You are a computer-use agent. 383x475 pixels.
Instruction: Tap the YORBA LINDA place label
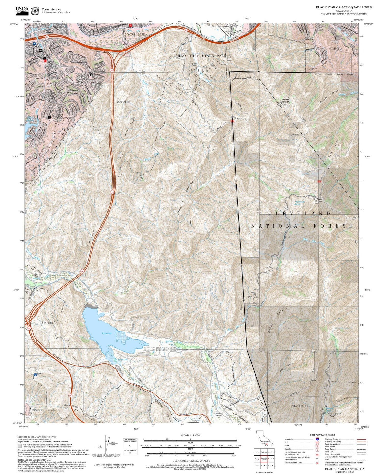(137, 34)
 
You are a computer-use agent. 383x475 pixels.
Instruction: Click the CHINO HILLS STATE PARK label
(200, 56)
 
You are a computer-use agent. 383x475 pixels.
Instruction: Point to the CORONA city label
(336, 48)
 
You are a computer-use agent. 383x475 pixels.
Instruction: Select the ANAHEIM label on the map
(123, 102)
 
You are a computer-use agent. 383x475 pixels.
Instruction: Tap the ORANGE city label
(46, 323)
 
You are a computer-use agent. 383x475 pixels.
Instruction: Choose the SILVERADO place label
(299, 406)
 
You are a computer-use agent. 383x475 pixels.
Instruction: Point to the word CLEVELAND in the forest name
(299, 213)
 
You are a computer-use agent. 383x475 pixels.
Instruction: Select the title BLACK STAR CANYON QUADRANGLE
(344, 7)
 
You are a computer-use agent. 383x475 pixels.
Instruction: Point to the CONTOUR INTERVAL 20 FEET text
(191, 461)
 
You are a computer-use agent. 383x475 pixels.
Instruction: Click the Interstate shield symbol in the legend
(317, 439)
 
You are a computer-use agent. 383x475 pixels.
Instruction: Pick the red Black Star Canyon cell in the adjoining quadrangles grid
(264, 458)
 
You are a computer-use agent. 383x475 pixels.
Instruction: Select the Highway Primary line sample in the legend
(360, 439)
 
